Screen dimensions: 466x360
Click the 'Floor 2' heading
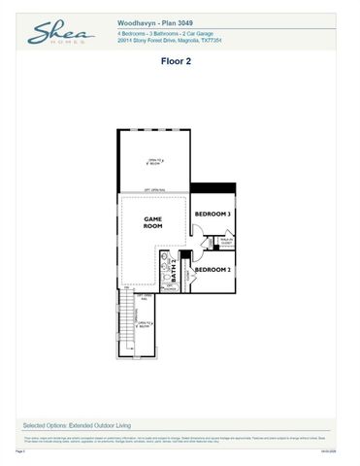click(x=180, y=60)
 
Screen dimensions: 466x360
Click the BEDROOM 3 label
click(x=212, y=214)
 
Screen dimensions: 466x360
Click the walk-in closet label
click(x=225, y=242)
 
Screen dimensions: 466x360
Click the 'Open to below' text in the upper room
click(x=154, y=160)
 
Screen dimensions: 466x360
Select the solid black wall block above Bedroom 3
click(x=213, y=188)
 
